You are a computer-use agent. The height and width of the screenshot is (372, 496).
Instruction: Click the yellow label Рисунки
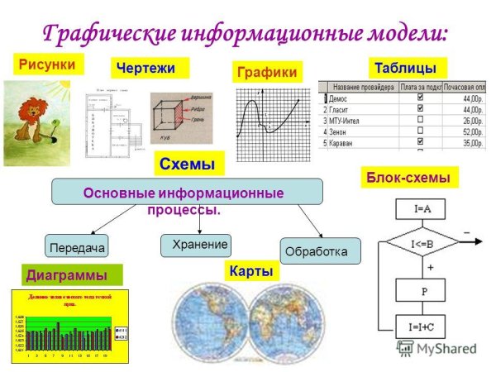(47, 64)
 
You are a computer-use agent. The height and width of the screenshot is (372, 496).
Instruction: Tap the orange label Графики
(266, 72)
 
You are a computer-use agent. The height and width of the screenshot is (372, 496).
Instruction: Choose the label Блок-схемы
(408, 178)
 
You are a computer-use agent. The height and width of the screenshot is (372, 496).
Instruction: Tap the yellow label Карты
(252, 271)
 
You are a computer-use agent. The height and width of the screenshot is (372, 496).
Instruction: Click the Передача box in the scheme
(78, 247)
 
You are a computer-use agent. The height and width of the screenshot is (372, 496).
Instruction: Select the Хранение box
(196, 245)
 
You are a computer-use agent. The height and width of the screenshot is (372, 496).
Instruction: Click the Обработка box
(322, 251)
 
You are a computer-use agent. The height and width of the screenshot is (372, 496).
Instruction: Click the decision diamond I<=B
(422, 245)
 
